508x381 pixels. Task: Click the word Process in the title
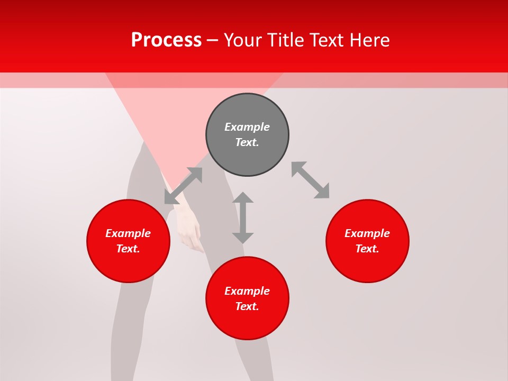coord(166,40)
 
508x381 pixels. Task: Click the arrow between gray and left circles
coord(183,186)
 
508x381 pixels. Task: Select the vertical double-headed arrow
coord(243,217)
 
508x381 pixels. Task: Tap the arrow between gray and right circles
coord(310,180)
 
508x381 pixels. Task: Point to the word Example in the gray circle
coord(247,127)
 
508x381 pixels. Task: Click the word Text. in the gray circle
coord(247,142)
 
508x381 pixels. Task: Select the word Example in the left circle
coord(128,233)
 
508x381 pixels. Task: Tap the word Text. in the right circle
coord(367,249)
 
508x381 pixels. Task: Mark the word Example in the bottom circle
coord(247,291)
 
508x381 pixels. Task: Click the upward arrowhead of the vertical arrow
coord(243,197)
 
